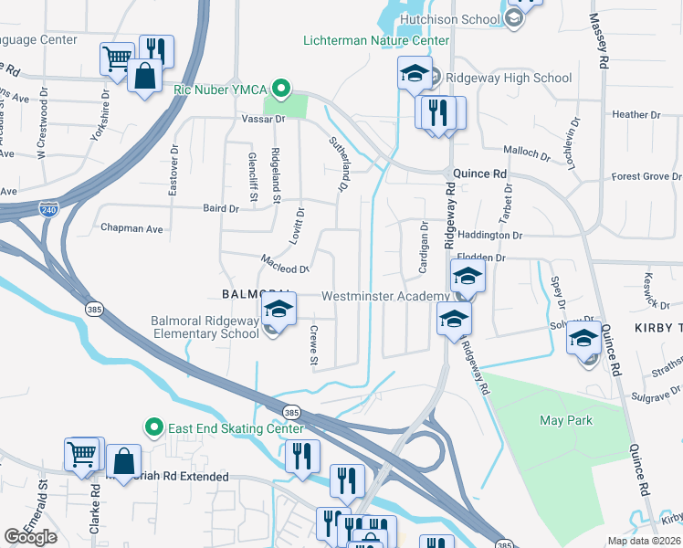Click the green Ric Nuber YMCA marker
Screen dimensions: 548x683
[282, 90]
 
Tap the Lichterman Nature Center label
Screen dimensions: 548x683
[377, 40]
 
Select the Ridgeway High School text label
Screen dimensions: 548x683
[509, 78]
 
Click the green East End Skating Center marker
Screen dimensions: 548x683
[154, 427]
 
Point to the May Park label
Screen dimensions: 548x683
[566, 420]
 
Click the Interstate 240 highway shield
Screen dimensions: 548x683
[48, 209]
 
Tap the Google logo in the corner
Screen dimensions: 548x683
[31, 537]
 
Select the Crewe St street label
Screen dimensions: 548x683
[313, 347]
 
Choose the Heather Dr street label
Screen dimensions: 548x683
[630, 114]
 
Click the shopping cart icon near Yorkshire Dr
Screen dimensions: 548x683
[117, 58]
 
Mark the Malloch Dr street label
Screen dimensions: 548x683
[527, 153]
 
